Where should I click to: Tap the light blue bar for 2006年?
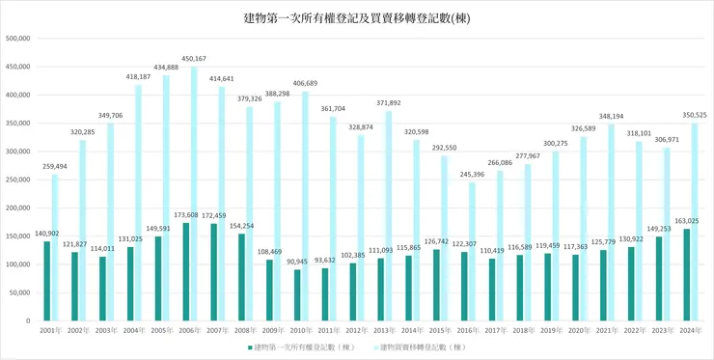pyautogui.click(x=195, y=193)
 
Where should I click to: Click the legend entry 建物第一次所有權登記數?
pyautogui.click(x=300, y=346)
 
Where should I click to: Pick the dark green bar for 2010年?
pyautogui.click(x=297, y=294)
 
